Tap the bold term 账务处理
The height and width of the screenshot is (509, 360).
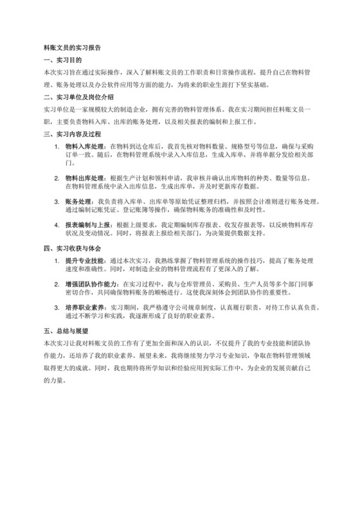[x=79, y=201]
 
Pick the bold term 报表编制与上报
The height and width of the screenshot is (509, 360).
[x=87, y=225]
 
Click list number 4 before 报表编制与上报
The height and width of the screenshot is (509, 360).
[x=58, y=225]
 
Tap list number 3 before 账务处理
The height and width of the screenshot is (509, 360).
[x=58, y=201]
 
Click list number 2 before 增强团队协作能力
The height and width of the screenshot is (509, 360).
[x=58, y=285]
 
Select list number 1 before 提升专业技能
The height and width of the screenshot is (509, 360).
[x=58, y=261]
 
